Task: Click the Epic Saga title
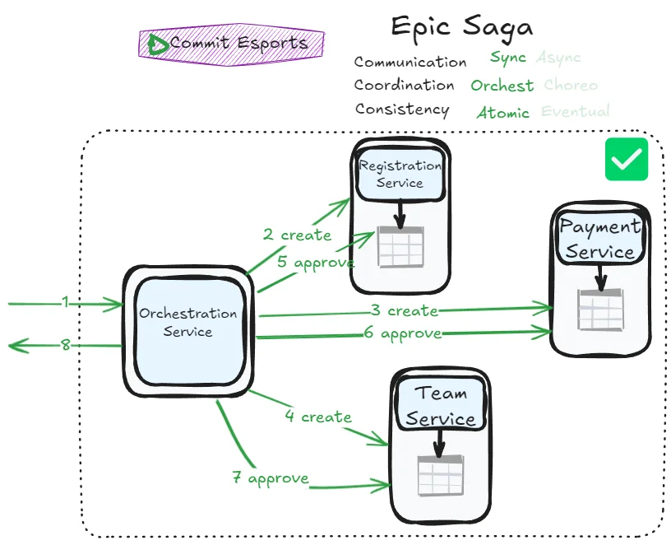coord(461,26)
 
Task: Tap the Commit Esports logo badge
coord(232,44)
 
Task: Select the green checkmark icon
coord(627,159)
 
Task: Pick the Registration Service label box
coord(400,175)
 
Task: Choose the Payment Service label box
coord(600,239)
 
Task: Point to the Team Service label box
coord(440,406)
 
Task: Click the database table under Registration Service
coord(400,246)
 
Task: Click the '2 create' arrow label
coord(297,235)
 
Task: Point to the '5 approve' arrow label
coord(315,263)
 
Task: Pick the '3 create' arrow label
coord(403,310)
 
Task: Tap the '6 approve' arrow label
coord(403,333)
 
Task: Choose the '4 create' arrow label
coord(318,417)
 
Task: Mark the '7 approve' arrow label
coord(271,477)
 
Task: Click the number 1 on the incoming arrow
coord(65,302)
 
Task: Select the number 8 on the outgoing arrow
coord(66,345)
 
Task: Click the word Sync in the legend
coord(507,58)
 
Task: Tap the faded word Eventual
coord(576,111)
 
